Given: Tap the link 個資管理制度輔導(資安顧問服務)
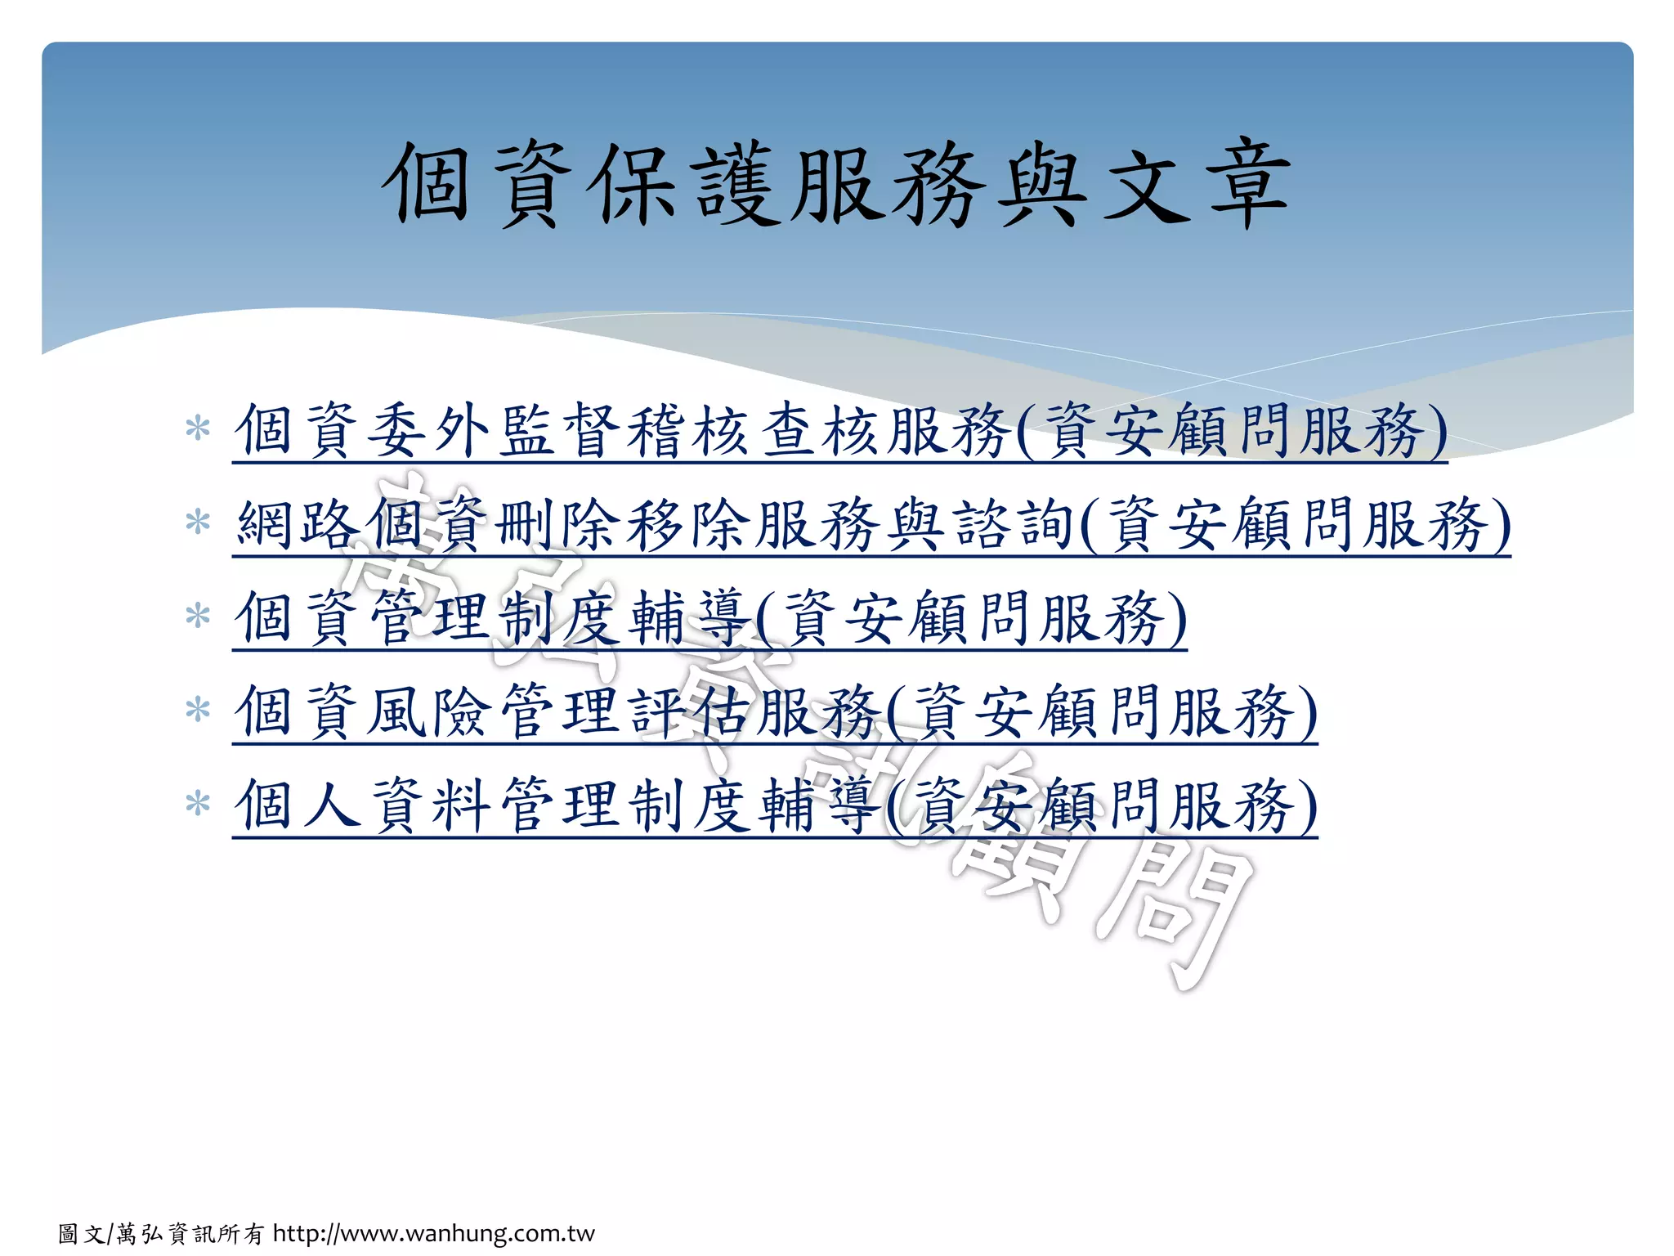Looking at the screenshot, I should click(709, 618).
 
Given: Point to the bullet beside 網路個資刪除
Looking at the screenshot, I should click(198, 523).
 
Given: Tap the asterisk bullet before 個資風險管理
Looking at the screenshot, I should click(198, 710).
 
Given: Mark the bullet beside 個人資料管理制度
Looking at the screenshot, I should click(198, 804).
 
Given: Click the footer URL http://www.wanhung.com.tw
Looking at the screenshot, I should click(433, 1233).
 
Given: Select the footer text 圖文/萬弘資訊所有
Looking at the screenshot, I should click(162, 1234).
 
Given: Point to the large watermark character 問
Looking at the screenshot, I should click(1169, 908).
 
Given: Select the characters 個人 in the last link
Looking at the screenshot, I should click(298, 805).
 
